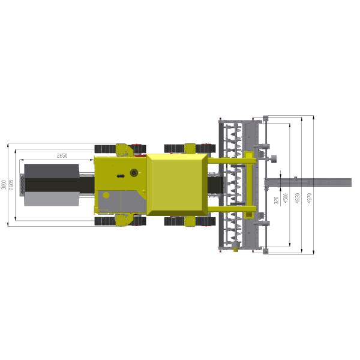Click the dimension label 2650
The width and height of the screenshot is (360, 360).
62,156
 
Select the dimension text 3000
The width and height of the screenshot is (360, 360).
4,184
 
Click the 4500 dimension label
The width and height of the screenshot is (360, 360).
286,198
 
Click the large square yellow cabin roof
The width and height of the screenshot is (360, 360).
178,184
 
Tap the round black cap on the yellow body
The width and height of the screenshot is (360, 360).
133,173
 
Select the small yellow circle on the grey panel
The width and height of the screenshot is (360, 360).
106,195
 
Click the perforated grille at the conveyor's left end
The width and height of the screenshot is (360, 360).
22,184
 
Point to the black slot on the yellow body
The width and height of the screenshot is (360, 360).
121,176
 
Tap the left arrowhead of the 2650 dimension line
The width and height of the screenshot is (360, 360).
22,160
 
